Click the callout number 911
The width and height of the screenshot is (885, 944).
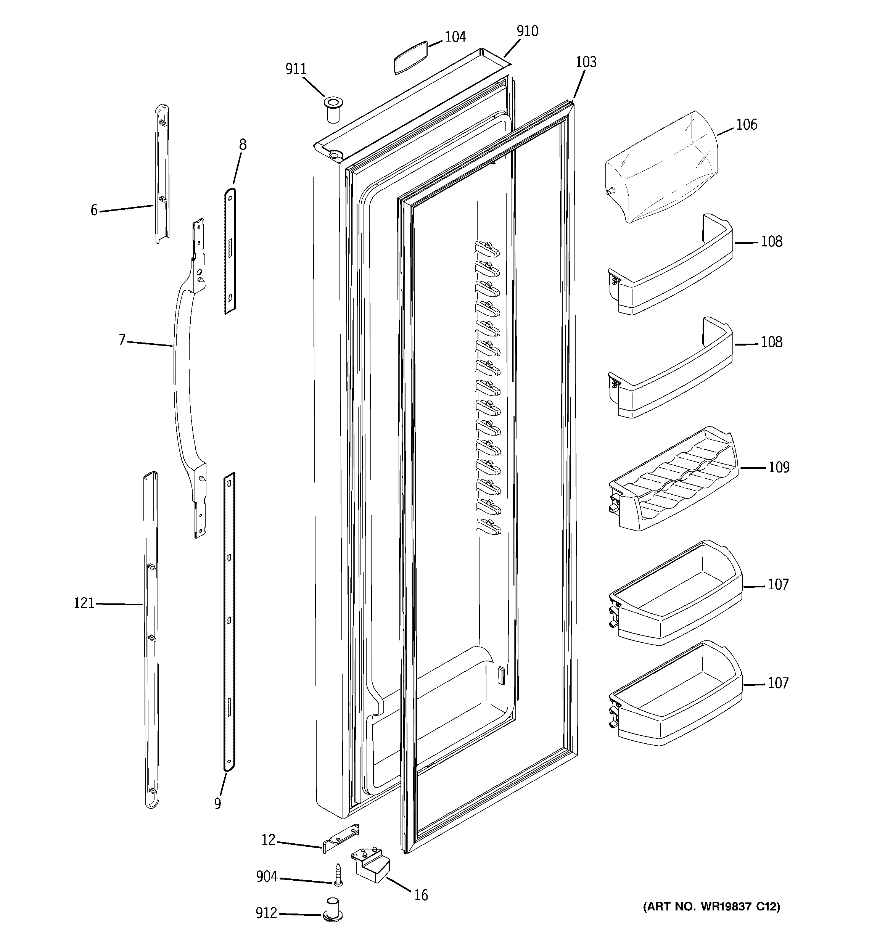point(296,69)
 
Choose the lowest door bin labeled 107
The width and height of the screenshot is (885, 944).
point(674,696)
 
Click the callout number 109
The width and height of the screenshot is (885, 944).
point(779,467)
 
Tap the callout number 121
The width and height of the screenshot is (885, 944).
point(84,603)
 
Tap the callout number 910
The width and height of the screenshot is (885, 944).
point(527,31)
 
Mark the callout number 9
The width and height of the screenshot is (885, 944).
point(217,803)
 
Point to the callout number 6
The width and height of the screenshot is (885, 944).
point(94,210)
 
